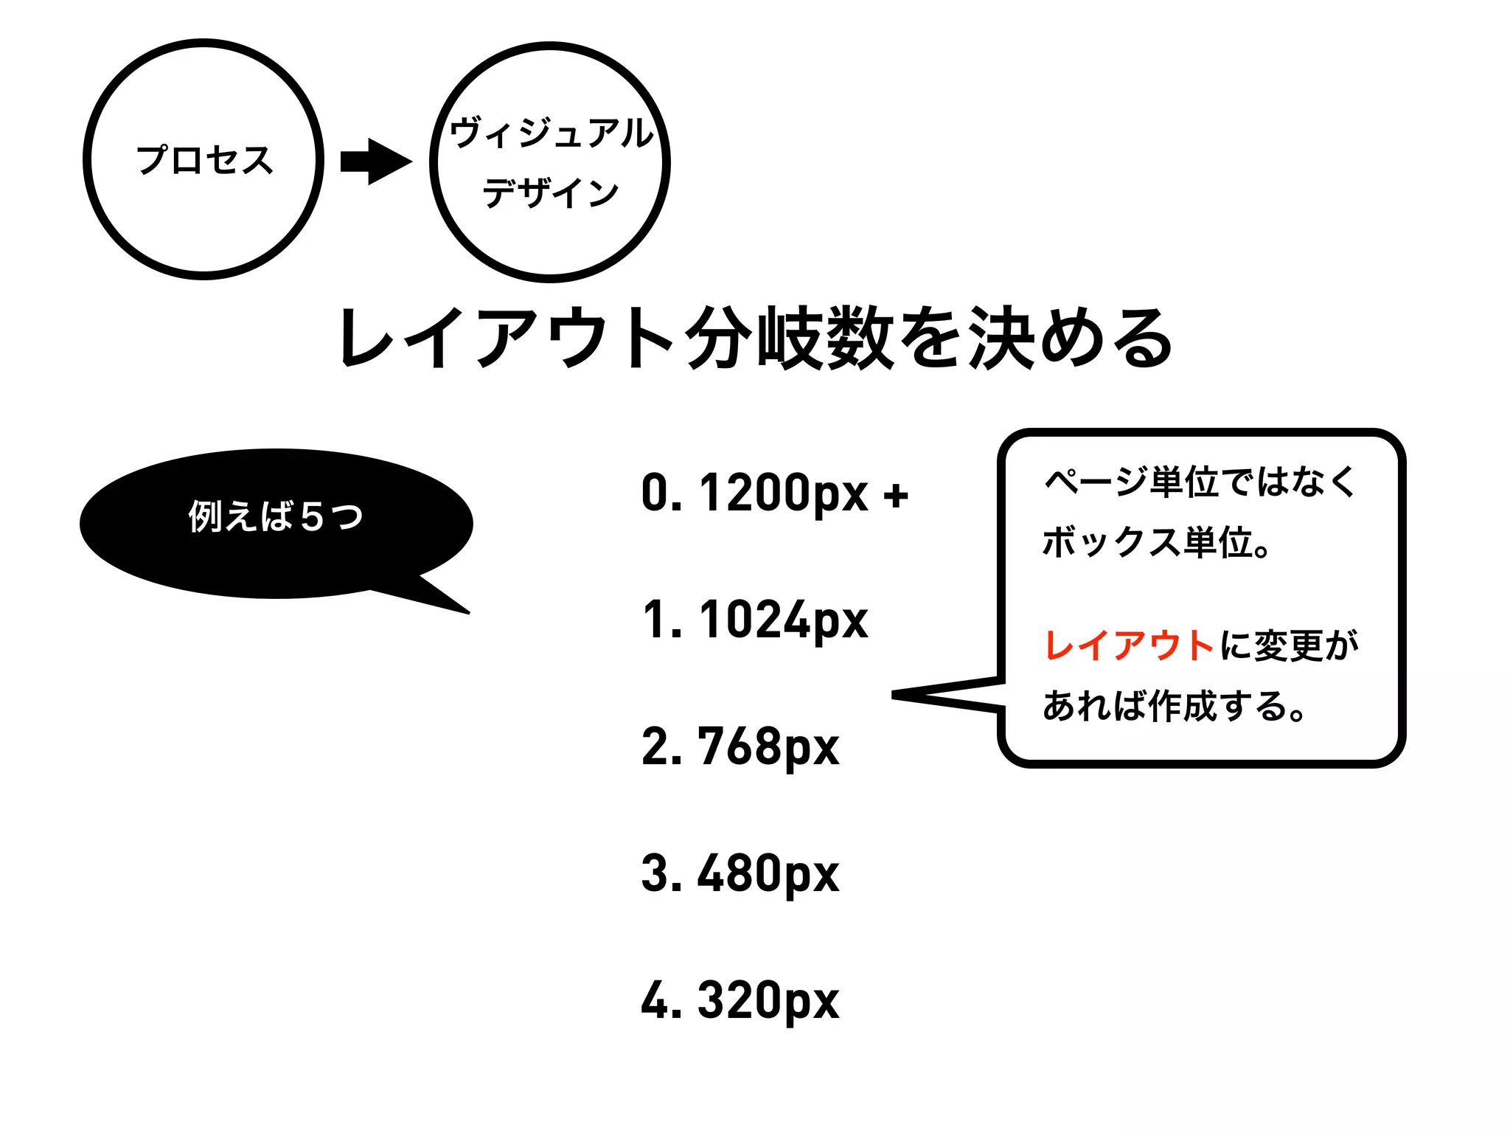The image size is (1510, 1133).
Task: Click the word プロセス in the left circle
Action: click(x=204, y=160)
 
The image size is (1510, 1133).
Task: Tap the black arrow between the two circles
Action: click(x=375, y=162)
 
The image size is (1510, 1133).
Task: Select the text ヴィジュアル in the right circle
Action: click(x=551, y=133)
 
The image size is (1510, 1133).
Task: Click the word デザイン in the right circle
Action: click(x=550, y=193)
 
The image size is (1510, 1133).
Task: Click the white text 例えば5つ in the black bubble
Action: click(x=275, y=516)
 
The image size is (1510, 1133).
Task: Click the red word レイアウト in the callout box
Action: click(x=1129, y=645)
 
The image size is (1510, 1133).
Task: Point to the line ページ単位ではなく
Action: click(x=1200, y=482)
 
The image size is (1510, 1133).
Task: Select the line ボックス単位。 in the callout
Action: click(x=1155, y=543)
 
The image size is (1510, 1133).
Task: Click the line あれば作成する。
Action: click(x=1174, y=706)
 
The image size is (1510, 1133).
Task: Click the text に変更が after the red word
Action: click(x=1289, y=645)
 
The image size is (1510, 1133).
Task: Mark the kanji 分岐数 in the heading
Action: click(x=789, y=338)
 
